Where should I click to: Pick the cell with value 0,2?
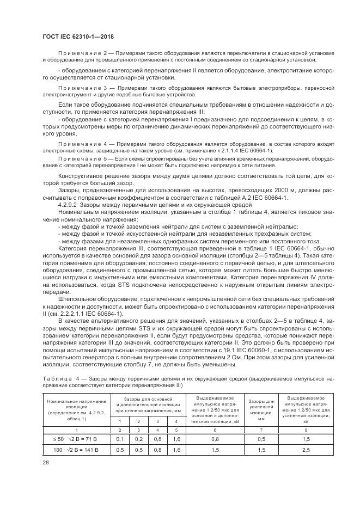[139, 439]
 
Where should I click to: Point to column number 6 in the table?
[215, 430]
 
